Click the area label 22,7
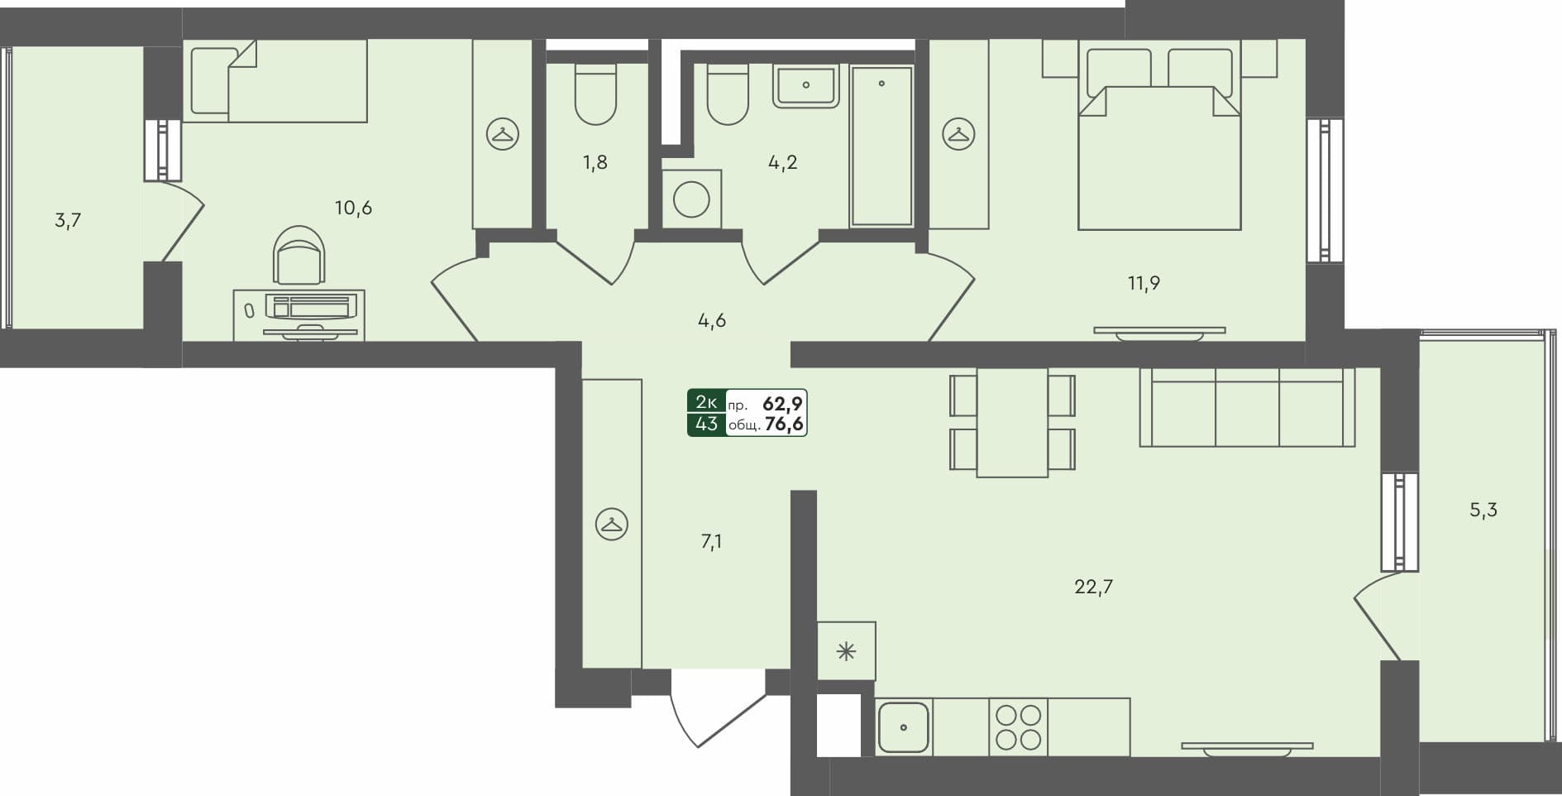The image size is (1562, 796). [1093, 587]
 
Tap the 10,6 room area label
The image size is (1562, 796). [353, 208]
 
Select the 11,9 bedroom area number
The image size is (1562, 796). [1144, 283]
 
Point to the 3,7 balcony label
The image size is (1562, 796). [68, 220]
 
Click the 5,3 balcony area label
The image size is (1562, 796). [1483, 510]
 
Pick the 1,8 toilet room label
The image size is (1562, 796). [595, 162]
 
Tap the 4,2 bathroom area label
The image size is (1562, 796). [782, 162]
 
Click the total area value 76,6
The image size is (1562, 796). [785, 425]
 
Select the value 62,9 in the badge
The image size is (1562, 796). [783, 404]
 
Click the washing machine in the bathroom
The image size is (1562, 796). [691, 199]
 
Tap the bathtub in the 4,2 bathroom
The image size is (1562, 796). [881, 146]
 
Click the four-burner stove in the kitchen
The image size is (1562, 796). [1018, 726]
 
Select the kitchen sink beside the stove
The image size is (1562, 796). [904, 727]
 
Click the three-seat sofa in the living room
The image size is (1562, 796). [1247, 407]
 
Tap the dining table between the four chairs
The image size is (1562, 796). [1012, 422]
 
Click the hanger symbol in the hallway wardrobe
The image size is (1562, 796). [612, 524]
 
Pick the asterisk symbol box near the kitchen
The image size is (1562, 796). [846, 651]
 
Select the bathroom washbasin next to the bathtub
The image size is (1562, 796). [805, 86]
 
